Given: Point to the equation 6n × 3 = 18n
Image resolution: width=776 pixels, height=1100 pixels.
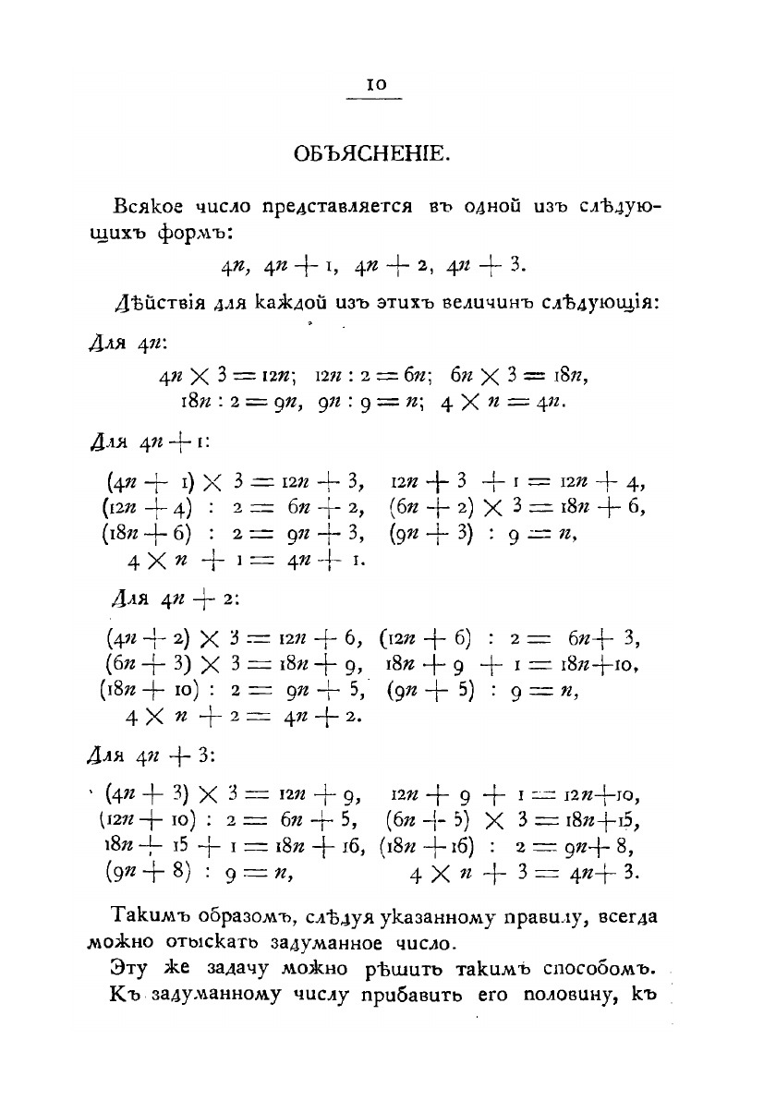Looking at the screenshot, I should tap(520, 377).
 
